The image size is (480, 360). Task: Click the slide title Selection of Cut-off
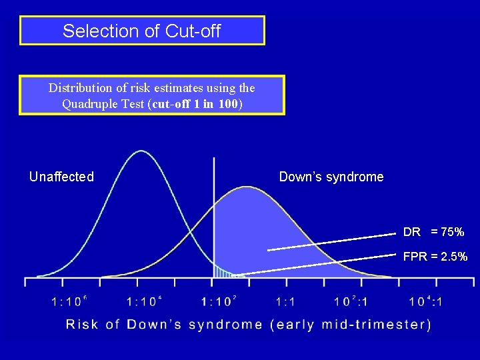click(141, 31)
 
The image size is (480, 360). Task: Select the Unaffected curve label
click(61, 177)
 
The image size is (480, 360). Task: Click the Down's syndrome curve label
click(331, 177)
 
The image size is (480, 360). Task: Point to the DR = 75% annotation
click(433, 232)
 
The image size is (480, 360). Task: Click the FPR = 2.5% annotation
click(435, 257)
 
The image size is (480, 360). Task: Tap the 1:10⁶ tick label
click(69, 301)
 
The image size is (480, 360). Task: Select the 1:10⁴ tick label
click(144, 301)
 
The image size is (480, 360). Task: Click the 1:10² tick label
click(219, 301)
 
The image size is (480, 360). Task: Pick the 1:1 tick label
click(285, 301)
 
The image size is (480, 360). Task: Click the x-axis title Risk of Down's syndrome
click(248, 325)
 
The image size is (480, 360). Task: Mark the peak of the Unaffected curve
click(141, 151)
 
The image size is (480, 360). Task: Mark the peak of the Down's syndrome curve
click(246, 187)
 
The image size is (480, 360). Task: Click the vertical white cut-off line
click(214, 200)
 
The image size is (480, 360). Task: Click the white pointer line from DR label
click(333, 241)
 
